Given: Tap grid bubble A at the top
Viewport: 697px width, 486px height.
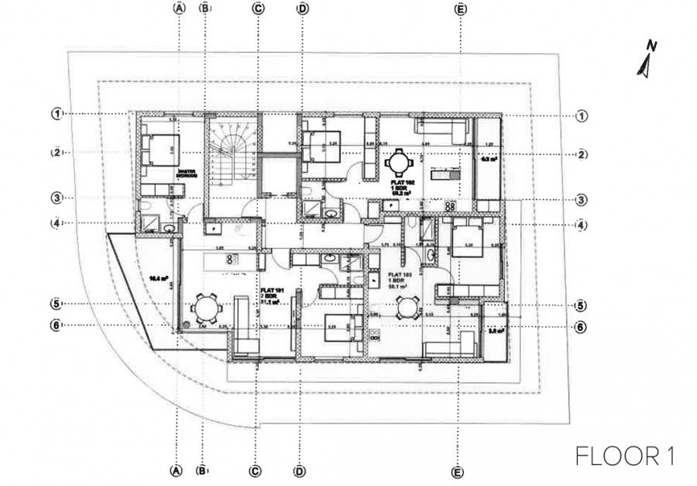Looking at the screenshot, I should tap(179, 9).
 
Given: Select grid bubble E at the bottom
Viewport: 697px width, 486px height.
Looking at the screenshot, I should tap(459, 471).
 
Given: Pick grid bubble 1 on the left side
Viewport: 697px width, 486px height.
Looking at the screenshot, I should tap(57, 114).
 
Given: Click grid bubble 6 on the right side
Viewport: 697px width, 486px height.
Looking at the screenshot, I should tap(582, 328).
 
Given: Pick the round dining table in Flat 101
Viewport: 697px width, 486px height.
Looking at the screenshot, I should tap(205, 309).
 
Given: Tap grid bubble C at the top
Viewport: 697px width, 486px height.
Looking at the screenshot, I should tap(258, 9).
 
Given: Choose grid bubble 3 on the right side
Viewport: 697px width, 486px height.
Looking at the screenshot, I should tap(582, 198).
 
